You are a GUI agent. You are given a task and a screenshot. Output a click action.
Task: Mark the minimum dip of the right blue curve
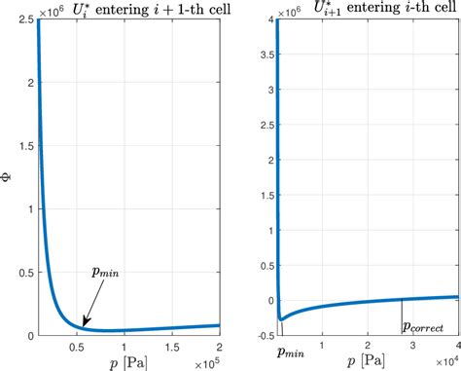[281, 317]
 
